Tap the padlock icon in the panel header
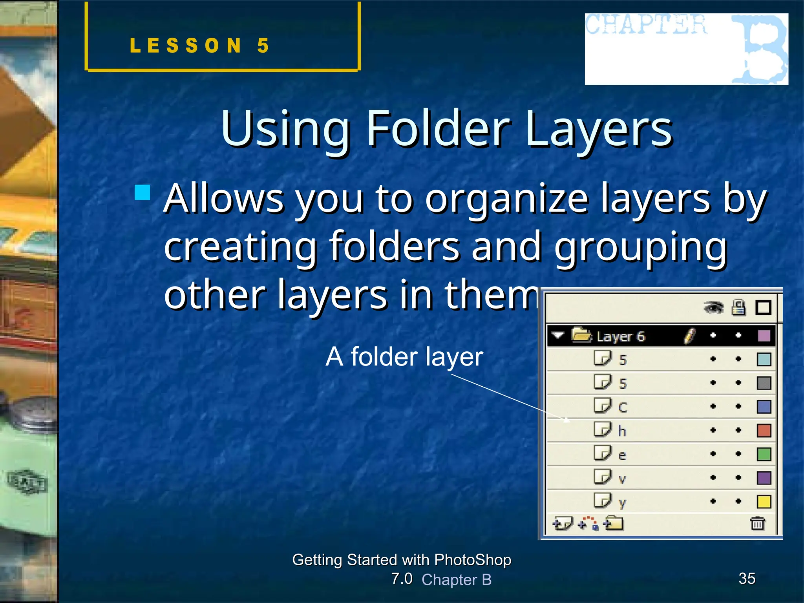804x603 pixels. click(x=738, y=307)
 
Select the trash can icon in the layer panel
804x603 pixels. click(x=757, y=523)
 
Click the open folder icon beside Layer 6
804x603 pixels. click(x=581, y=335)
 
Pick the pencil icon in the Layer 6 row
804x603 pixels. click(x=689, y=336)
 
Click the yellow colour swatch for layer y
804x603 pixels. click(x=764, y=502)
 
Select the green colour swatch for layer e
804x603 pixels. click(x=764, y=454)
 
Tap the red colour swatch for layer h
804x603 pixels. click(x=764, y=430)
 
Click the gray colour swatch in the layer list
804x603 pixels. click(x=764, y=383)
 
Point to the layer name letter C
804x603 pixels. click(x=623, y=407)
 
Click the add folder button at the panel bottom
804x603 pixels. click(x=614, y=523)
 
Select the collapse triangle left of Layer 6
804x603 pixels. click(x=558, y=335)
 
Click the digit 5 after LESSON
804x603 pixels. click(x=263, y=46)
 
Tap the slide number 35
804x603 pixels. click(x=747, y=578)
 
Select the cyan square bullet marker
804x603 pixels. click(x=143, y=192)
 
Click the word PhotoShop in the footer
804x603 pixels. click(x=473, y=560)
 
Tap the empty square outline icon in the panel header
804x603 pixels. click(x=763, y=307)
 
